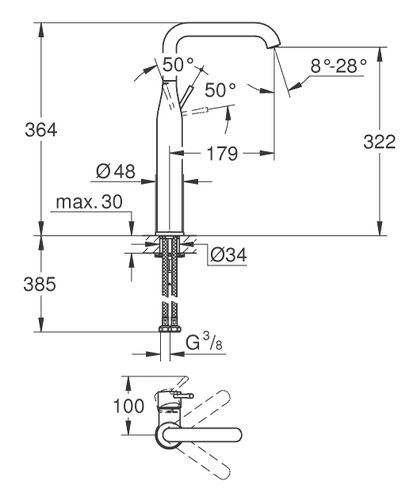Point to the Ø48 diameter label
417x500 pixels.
point(117,171)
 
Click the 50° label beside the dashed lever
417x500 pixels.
point(219,90)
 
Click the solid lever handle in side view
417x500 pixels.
point(182,99)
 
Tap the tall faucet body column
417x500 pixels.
point(169,180)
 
